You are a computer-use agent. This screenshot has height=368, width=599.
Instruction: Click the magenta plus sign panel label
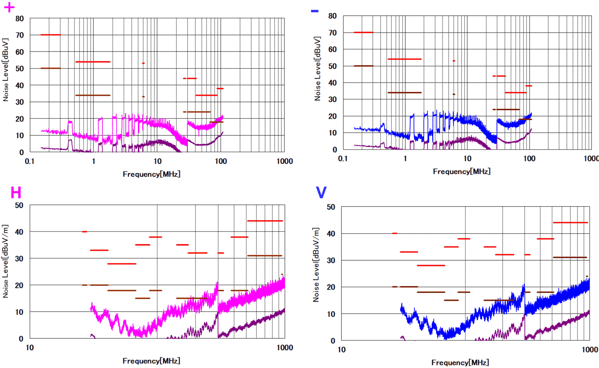coord(9,7)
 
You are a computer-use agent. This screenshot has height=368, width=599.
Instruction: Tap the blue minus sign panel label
coord(315,11)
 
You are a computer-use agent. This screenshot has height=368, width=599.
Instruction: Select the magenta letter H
coord(16,193)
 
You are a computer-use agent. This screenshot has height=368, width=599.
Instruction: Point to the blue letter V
coord(321,193)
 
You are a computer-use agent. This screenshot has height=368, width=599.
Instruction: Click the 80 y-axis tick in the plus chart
coord(20,18)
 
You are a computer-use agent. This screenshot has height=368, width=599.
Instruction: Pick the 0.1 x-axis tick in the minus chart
coord(343,159)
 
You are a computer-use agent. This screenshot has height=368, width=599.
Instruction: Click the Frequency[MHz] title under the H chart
coord(151,361)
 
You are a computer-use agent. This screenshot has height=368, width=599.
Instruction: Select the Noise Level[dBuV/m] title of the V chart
coord(316,265)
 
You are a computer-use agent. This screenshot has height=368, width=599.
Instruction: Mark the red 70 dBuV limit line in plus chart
coord(51,35)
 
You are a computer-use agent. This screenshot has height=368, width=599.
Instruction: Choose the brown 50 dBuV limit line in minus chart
coord(363,66)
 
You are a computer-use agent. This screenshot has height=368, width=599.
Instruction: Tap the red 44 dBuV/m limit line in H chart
coord(265,221)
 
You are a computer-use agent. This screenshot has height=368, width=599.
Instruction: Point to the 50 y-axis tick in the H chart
coord(19,205)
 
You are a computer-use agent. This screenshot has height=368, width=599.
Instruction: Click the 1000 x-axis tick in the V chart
coord(589,350)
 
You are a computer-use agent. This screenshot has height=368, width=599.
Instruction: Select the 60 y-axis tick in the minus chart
coord(332,49)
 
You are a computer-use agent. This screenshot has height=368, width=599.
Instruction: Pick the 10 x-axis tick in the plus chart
coord(157,161)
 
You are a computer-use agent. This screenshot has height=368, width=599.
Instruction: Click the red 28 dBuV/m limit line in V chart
coord(431,266)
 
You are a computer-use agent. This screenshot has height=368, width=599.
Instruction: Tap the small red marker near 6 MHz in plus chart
coord(143,63)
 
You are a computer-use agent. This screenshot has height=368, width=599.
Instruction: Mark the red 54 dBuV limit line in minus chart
coord(405,59)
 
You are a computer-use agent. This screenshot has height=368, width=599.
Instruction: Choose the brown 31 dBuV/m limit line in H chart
coord(265,256)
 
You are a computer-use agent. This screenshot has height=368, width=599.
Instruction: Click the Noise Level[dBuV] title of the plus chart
coord(6,70)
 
